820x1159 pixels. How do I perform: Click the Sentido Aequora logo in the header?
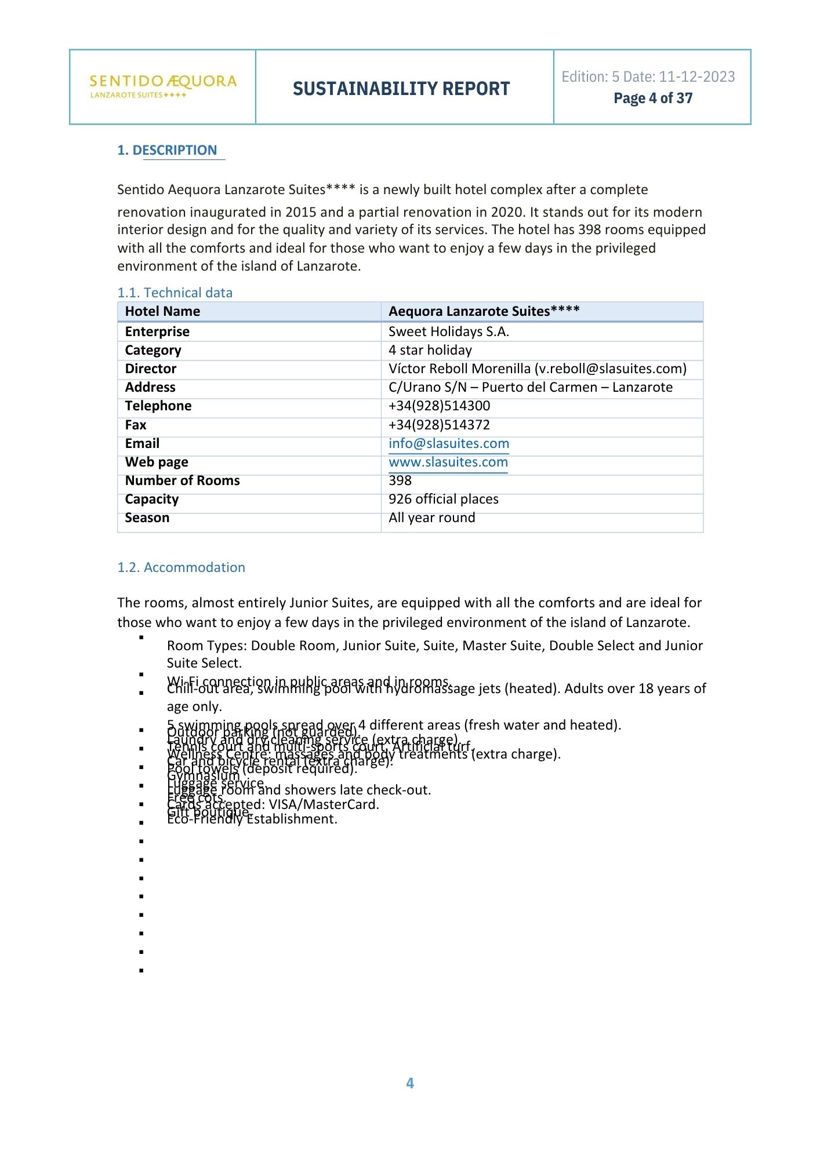tap(163, 86)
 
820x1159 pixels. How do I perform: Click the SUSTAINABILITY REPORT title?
tap(401, 89)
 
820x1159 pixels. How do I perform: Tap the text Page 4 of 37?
tap(653, 99)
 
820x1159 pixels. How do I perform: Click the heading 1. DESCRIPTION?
tap(167, 150)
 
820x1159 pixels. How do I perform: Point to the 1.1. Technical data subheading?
tap(175, 293)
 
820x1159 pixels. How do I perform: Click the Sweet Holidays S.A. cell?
tap(448, 331)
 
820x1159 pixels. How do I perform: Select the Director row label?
tap(151, 369)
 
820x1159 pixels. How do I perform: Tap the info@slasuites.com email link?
tap(448, 443)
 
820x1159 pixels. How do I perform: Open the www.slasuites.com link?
tap(448, 462)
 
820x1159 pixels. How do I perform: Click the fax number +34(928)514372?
tap(439, 425)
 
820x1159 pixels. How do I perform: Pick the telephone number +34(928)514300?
tap(439, 406)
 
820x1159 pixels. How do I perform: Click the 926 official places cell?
tap(443, 499)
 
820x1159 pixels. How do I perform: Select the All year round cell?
tap(431, 517)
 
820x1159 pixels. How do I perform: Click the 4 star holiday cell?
tap(430, 350)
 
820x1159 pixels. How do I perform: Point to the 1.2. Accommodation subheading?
tap(181, 567)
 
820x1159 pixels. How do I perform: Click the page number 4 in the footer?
tap(410, 1083)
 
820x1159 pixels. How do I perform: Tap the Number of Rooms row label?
tap(182, 480)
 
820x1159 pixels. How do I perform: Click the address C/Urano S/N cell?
tap(530, 387)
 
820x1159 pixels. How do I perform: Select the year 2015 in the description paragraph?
tap(300, 212)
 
